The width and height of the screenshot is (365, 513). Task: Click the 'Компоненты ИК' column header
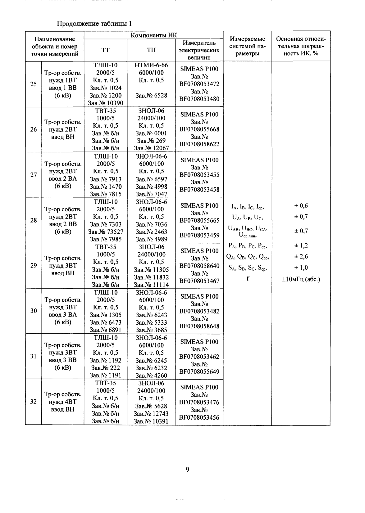tap(153, 35)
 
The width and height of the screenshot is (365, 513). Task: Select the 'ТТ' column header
tap(106, 50)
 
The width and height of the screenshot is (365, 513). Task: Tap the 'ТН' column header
tap(151, 50)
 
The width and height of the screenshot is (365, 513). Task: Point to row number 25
tap(33, 84)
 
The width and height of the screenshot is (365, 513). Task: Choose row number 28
tap(33, 220)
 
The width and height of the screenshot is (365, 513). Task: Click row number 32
tap(33, 402)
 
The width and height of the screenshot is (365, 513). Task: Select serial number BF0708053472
tap(199, 84)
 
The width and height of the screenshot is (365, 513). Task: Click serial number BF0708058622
tap(199, 144)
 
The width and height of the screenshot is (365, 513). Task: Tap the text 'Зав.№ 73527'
tap(106, 232)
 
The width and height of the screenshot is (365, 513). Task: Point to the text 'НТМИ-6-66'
tap(151, 65)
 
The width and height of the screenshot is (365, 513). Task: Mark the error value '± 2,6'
tap(301, 257)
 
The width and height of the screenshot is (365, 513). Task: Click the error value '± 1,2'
tap(301, 246)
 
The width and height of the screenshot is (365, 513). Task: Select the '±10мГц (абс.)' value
tap(301, 279)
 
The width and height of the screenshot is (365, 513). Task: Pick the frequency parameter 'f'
tap(248, 279)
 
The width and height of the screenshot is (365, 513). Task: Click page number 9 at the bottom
tap(187, 470)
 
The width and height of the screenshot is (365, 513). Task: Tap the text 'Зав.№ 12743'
tap(151, 414)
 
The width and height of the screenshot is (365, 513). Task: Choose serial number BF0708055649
tap(199, 372)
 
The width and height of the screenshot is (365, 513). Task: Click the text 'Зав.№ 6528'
tap(151, 96)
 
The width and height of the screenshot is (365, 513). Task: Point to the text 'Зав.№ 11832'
tap(151, 277)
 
